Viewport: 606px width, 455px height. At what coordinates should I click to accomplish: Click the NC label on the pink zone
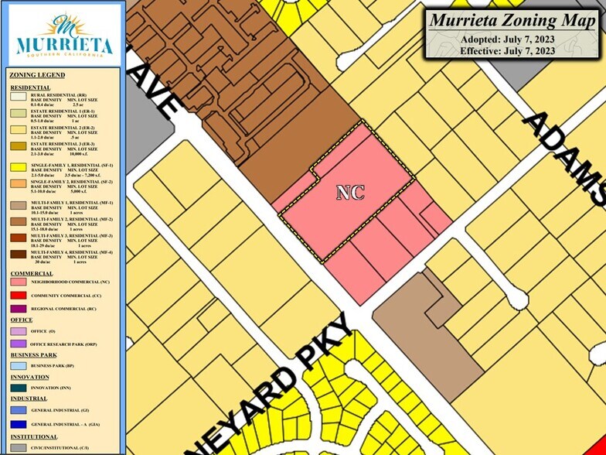(349, 193)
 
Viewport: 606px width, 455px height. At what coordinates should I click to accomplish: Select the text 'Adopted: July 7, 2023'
(507, 39)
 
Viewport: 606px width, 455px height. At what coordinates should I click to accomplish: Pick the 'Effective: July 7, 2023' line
(507, 51)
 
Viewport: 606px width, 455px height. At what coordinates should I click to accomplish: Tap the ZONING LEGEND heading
(37, 75)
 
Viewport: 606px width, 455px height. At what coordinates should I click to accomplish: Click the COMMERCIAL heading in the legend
(32, 273)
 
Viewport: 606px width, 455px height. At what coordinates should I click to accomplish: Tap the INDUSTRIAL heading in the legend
(29, 399)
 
